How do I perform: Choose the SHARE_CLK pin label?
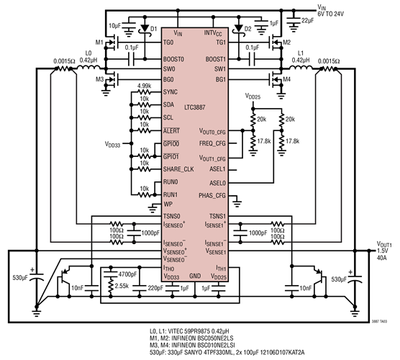(179, 168)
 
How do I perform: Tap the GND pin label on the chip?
(196, 276)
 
